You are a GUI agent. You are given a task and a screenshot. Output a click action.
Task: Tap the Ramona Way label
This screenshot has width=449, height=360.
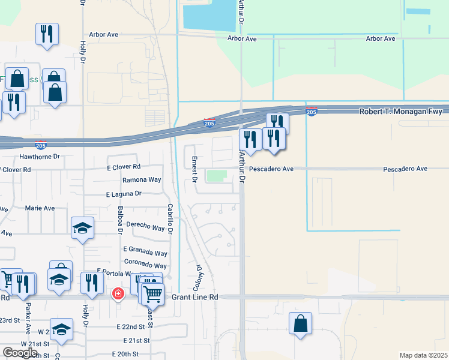coord(142,179)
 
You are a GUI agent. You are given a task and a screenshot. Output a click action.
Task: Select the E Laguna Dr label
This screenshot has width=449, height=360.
coord(123,194)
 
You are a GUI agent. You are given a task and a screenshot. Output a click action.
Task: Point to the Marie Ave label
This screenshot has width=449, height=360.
coord(40,208)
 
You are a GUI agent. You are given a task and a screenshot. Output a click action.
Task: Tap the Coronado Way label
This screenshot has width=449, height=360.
coord(145,265)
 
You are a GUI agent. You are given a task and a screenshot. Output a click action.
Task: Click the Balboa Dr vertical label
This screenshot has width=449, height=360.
coord(120,220)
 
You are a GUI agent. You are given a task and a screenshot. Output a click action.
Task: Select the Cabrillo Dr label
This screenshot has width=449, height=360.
coord(170,218)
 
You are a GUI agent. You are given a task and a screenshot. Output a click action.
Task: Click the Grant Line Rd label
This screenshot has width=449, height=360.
coord(194,297)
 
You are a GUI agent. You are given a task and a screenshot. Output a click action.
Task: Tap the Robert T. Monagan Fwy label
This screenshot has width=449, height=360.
coord(400,112)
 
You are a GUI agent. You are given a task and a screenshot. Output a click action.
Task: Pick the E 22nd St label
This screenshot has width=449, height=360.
coord(131,326)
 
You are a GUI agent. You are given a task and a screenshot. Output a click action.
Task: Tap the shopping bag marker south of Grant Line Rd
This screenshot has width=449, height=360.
coord(300,323)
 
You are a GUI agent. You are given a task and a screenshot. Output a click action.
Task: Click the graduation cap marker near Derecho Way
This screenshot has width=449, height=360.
coord(82,228)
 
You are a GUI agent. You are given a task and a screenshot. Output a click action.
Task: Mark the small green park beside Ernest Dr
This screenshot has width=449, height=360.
coord(216,176)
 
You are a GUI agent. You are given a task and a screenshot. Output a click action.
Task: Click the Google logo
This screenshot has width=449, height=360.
coord(20,353)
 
